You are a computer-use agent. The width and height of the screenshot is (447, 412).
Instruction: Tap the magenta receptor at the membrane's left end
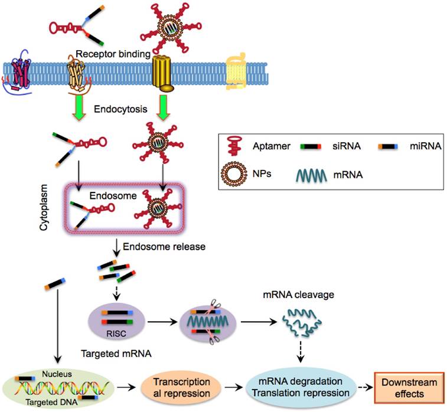pos(24,74)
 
